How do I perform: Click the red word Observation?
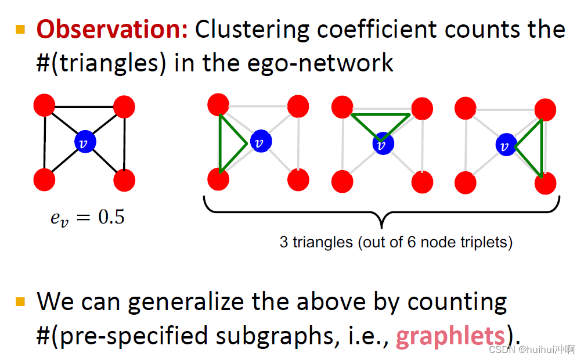[x=111, y=30]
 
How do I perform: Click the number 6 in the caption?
[x=406, y=242]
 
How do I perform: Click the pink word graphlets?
[x=450, y=336]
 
